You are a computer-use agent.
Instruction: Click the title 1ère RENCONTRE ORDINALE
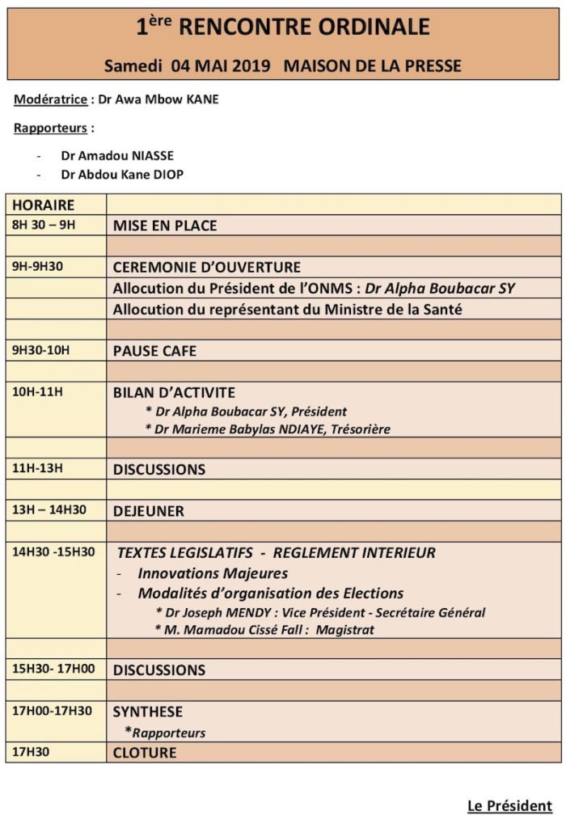click(x=283, y=27)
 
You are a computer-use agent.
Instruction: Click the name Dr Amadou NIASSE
click(x=117, y=155)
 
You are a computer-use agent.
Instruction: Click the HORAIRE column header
click(x=43, y=205)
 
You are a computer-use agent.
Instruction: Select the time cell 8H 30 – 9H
click(x=44, y=225)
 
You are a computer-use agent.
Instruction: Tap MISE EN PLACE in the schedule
click(x=165, y=226)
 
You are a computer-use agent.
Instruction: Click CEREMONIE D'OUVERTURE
click(x=207, y=268)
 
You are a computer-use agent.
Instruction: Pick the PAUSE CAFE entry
click(x=154, y=351)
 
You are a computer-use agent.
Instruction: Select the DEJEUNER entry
click(x=149, y=511)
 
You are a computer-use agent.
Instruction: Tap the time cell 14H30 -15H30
click(x=53, y=552)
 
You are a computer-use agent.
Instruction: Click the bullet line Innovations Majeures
click(x=213, y=573)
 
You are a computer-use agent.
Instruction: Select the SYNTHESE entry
click(x=148, y=712)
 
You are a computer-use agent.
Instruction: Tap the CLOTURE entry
click(x=145, y=753)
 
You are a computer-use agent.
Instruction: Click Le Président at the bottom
click(x=509, y=806)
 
